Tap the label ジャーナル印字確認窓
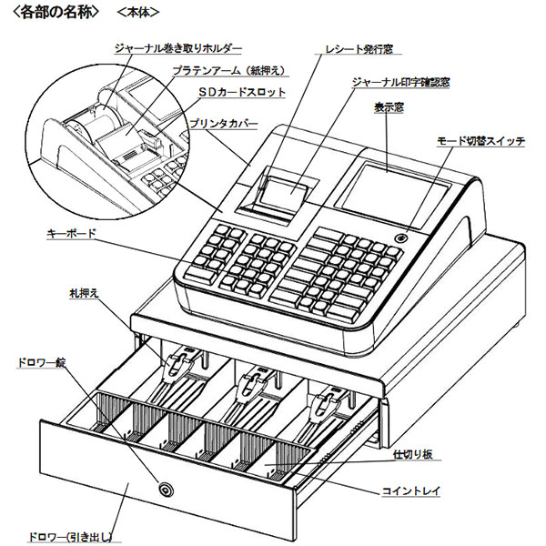click(400, 82)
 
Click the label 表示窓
click(389, 106)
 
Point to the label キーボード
click(71, 234)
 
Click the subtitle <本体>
click(138, 14)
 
